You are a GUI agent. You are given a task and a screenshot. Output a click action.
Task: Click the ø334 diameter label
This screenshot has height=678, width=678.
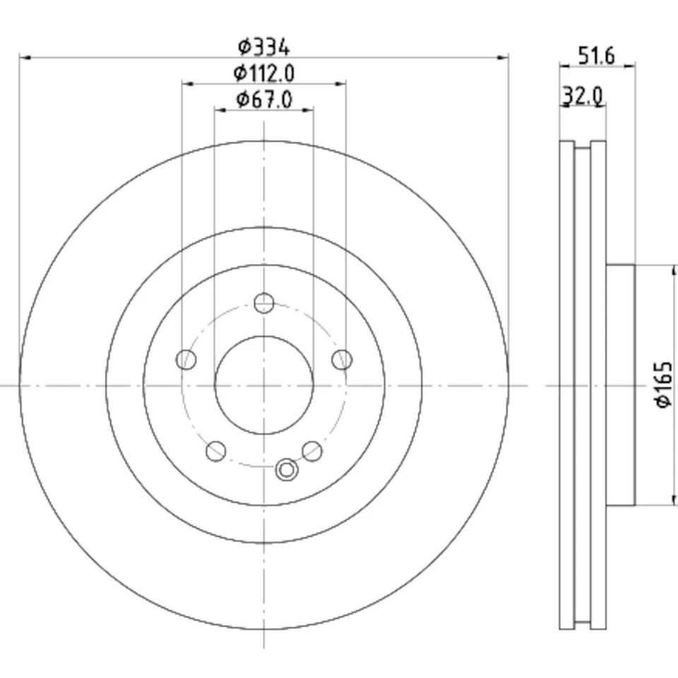click(263, 47)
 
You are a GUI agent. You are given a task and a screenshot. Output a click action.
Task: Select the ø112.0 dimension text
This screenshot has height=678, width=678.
click(263, 73)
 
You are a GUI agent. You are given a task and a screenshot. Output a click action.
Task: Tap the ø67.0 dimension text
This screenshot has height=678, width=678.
click(263, 100)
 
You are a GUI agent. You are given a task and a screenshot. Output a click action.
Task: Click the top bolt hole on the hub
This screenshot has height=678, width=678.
click(263, 304)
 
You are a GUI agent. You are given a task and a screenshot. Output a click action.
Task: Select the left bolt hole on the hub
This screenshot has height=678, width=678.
click(186, 359)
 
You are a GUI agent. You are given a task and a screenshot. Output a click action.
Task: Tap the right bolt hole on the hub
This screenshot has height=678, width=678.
click(342, 359)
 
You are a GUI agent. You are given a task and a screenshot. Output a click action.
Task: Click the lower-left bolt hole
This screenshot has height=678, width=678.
click(215, 451)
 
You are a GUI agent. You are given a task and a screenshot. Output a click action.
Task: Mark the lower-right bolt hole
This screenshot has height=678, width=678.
click(312, 451)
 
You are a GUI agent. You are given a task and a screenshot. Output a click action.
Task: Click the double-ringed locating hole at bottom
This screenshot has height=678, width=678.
click(286, 469)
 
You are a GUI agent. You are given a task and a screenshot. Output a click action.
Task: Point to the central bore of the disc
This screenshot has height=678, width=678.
click(263, 386)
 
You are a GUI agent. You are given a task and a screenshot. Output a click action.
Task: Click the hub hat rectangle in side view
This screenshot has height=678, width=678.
click(620, 386)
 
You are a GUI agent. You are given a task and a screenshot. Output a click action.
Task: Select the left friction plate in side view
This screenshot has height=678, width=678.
click(566, 386)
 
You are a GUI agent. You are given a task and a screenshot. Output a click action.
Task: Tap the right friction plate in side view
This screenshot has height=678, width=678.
click(598, 386)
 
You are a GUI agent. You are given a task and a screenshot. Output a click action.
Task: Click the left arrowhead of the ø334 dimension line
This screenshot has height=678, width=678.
click(23, 57)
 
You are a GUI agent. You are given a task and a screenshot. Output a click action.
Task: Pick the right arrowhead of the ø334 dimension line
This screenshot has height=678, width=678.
click(504, 57)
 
